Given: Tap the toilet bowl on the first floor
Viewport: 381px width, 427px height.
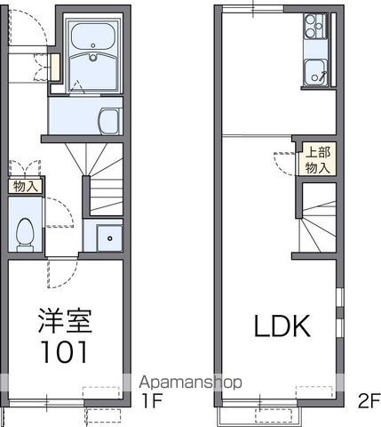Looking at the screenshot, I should click(26, 232).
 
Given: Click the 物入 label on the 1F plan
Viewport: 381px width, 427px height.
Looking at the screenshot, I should click(26, 187).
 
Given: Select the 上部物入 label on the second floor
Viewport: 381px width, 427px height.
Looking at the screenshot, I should click(317, 158).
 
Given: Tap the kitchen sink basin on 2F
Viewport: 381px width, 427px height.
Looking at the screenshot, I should click(315, 69).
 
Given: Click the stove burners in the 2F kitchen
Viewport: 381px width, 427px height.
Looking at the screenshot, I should click(315, 27).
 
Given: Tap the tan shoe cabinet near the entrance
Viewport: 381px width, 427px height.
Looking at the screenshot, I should click(52, 67).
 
